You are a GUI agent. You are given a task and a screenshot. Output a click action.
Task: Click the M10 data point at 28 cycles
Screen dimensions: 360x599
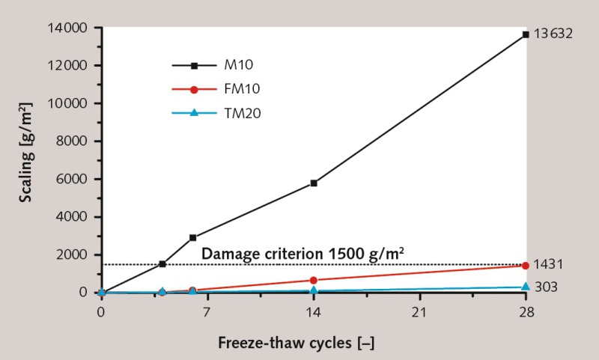click(x=526, y=34)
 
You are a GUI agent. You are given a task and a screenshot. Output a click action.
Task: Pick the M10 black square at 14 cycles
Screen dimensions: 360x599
click(x=314, y=183)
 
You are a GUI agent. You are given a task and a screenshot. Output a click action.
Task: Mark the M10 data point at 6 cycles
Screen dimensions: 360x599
click(x=193, y=237)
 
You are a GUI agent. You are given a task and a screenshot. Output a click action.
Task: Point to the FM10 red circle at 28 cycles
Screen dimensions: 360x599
click(x=526, y=266)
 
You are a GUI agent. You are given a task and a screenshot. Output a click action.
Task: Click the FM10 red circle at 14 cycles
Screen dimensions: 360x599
click(x=314, y=280)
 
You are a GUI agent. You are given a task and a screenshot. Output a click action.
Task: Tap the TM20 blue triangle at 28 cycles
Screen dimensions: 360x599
click(x=526, y=287)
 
